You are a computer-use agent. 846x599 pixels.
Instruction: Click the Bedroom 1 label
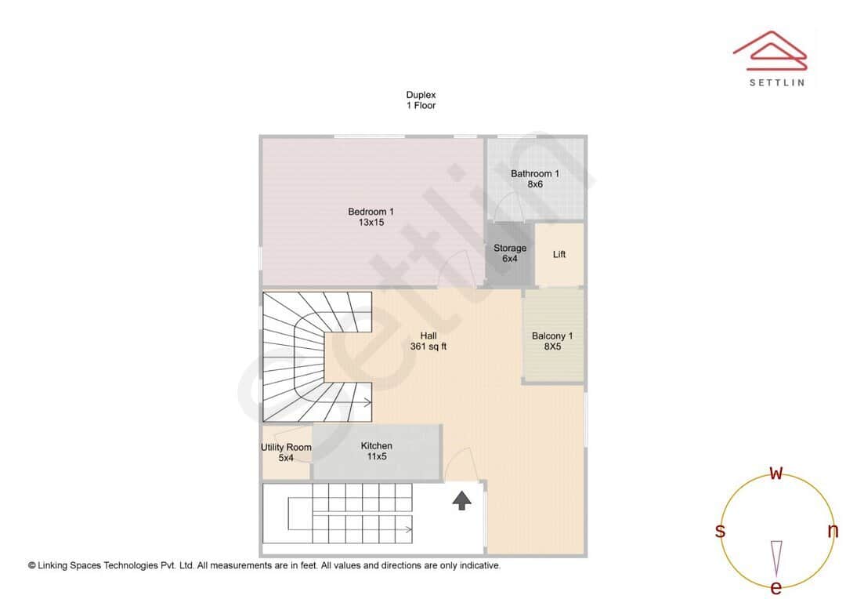(x=371, y=216)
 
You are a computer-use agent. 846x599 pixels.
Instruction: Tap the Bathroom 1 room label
(x=534, y=179)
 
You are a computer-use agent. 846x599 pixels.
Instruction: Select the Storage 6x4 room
(x=509, y=253)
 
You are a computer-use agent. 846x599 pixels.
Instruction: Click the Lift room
(x=559, y=254)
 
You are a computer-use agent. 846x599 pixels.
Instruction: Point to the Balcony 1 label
(x=552, y=341)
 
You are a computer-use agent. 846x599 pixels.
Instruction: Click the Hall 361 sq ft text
(x=428, y=341)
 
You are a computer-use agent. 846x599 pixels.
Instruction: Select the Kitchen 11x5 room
(x=376, y=451)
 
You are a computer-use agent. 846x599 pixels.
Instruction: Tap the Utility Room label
(x=286, y=452)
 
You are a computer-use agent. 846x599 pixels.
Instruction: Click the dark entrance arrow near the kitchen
(x=461, y=500)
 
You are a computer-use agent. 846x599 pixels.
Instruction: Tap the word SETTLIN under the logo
(x=775, y=82)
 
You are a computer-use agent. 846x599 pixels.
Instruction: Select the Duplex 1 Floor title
(x=421, y=100)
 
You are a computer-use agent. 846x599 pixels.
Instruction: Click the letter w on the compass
(x=775, y=473)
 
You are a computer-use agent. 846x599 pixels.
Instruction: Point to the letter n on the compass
(x=832, y=531)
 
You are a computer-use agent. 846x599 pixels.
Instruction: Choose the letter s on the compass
(x=720, y=531)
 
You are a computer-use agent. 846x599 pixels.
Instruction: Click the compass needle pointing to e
(x=775, y=558)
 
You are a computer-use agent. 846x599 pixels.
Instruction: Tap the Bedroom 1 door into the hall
(x=454, y=274)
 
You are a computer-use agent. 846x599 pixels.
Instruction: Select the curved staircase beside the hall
(x=313, y=357)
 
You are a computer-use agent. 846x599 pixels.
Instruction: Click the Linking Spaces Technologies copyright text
(x=264, y=565)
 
